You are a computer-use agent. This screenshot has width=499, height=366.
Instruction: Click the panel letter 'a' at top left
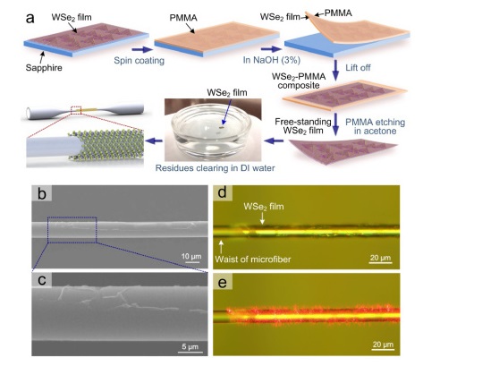point(30,18)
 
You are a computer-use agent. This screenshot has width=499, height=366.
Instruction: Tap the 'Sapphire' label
point(44,67)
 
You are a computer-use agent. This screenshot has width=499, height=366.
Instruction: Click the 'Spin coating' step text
point(140,61)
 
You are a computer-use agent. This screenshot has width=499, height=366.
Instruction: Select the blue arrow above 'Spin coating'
point(142,49)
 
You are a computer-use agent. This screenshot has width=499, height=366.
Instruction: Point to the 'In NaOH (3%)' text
point(272,60)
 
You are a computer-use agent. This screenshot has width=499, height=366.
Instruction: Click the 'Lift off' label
point(358,67)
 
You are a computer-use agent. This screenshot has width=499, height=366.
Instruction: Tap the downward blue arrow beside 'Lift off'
point(335,70)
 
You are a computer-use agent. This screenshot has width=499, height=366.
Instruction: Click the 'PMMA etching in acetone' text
point(376,126)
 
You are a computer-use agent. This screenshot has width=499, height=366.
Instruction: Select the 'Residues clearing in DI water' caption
point(215,168)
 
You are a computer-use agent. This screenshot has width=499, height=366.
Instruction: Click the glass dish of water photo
point(213,130)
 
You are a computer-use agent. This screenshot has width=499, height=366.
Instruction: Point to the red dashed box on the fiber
point(76,110)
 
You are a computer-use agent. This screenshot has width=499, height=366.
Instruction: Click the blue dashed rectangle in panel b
point(72,230)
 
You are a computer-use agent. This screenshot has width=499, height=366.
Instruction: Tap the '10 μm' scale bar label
point(191,256)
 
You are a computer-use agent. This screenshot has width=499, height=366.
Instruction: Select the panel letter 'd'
point(222,192)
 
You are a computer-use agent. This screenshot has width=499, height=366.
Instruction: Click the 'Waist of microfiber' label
point(253,259)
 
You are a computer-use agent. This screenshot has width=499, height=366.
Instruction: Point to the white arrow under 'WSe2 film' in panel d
point(262,217)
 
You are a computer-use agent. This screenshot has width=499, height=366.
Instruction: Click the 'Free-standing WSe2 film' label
point(303,126)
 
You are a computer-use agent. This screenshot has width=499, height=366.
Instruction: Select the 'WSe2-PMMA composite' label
point(299,81)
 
